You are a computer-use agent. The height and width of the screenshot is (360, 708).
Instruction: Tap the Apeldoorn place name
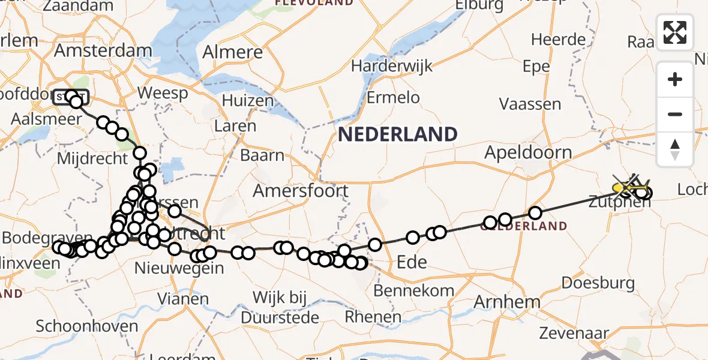click(528, 152)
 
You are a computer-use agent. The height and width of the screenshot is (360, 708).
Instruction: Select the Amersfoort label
click(301, 191)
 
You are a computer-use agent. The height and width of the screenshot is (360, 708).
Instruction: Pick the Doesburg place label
click(598, 283)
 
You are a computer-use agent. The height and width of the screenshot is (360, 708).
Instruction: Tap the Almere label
click(233, 52)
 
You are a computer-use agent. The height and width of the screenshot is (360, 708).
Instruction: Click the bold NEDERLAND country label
click(398, 134)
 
